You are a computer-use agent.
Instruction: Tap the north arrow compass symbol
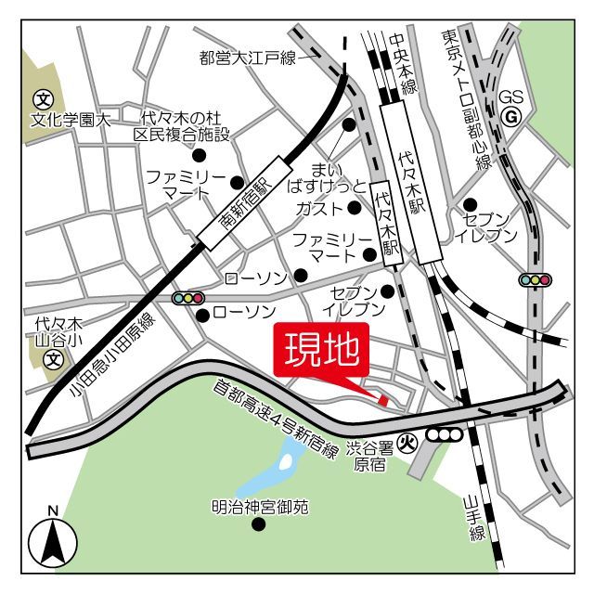(x=52, y=542)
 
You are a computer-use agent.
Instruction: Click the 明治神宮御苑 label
(x=259, y=508)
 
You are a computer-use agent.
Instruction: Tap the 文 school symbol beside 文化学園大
(x=42, y=98)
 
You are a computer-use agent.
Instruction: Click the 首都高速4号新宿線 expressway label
(x=275, y=415)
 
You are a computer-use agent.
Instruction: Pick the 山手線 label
(x=476, y=520)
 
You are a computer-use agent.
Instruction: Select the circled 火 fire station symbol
(x=405, y=444)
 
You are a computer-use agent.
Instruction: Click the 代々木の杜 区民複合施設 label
(x=181, y=126)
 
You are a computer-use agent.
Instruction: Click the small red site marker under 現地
(x=382, y=399)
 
